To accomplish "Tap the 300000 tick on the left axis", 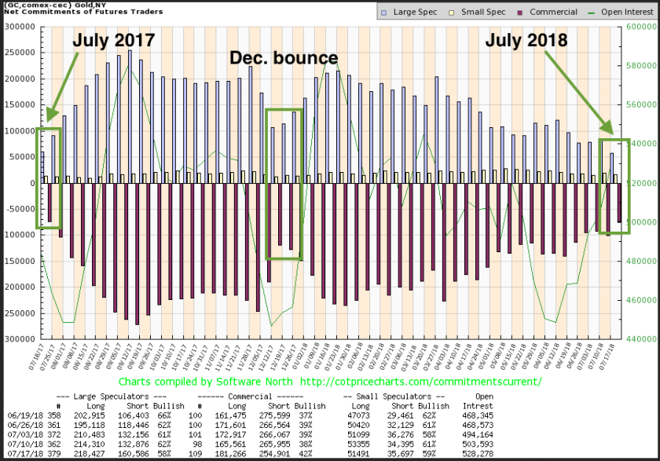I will (20, 26).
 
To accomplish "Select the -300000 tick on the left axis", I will (18, 339).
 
